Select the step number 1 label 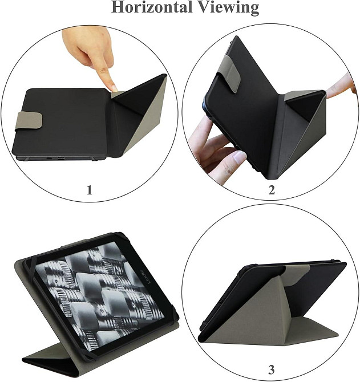click(89, 190)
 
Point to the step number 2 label click(272, 190)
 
